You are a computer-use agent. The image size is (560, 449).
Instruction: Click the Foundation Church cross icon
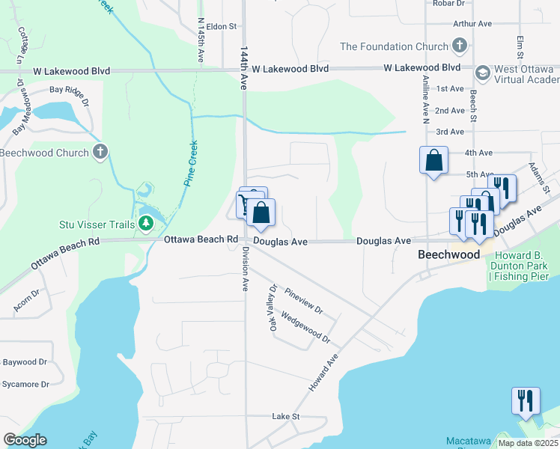(x=460, y=46)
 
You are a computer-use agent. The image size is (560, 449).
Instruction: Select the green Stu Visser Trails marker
(x=146, y=224)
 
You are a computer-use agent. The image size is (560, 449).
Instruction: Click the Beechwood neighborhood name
(x=448, y=255)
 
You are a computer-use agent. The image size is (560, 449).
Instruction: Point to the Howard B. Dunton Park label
(x=520, y=266)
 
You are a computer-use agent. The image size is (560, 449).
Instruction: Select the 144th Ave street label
(x=244, y=68)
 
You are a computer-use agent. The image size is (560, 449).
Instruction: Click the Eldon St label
(x=222, y=26)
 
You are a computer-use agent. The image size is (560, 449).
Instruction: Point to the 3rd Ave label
(x=450, y=132)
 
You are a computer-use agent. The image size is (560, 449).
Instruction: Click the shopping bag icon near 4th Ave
(x=433, y=160)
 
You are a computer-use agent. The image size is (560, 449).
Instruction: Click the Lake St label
(x=285, y=416)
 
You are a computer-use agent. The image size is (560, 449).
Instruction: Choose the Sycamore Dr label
(x=24, y=385)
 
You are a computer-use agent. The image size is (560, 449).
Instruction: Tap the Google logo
(x=24, y=440)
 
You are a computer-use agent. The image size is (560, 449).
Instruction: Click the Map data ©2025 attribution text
(x=527, y=443)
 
